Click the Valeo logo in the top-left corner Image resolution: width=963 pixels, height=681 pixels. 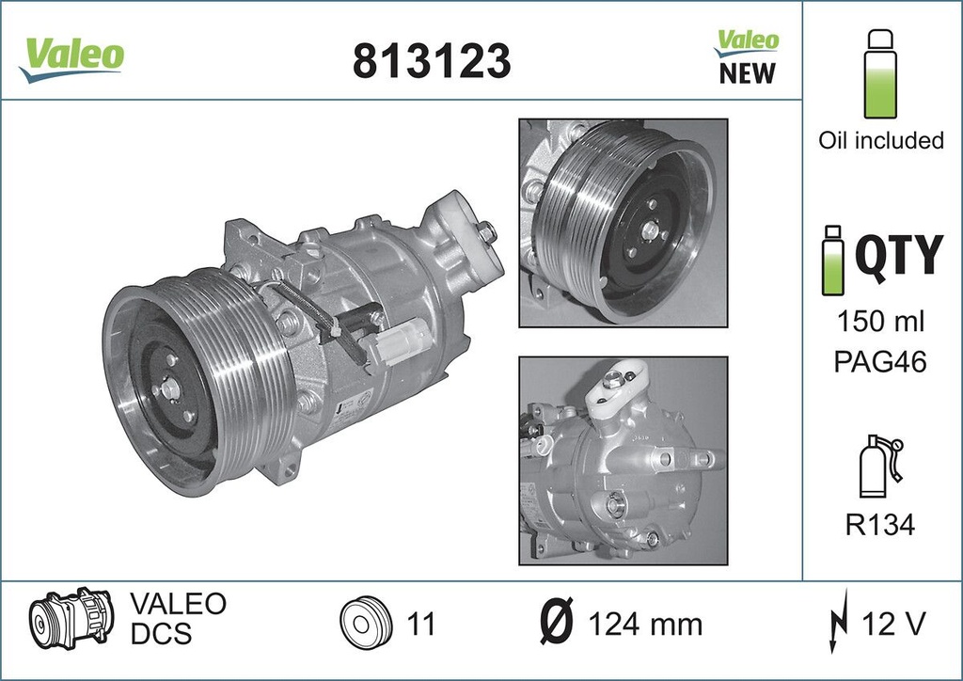tap(71, 55)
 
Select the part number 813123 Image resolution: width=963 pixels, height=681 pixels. tap(432, 61)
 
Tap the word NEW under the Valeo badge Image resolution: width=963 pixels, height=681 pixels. tap(747, 73)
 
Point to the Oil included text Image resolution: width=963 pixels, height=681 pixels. tap(880, 140)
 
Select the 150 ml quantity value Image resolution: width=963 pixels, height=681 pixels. tap(880, 321)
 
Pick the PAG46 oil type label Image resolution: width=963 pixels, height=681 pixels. tap(880, 361)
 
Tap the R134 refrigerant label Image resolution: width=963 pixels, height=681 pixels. tap(880, 524)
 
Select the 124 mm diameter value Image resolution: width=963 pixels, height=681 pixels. tap(645, 623)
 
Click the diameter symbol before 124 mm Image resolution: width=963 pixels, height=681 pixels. tap(558, 623)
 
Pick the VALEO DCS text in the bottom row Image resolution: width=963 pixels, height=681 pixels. tap(177, 618)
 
